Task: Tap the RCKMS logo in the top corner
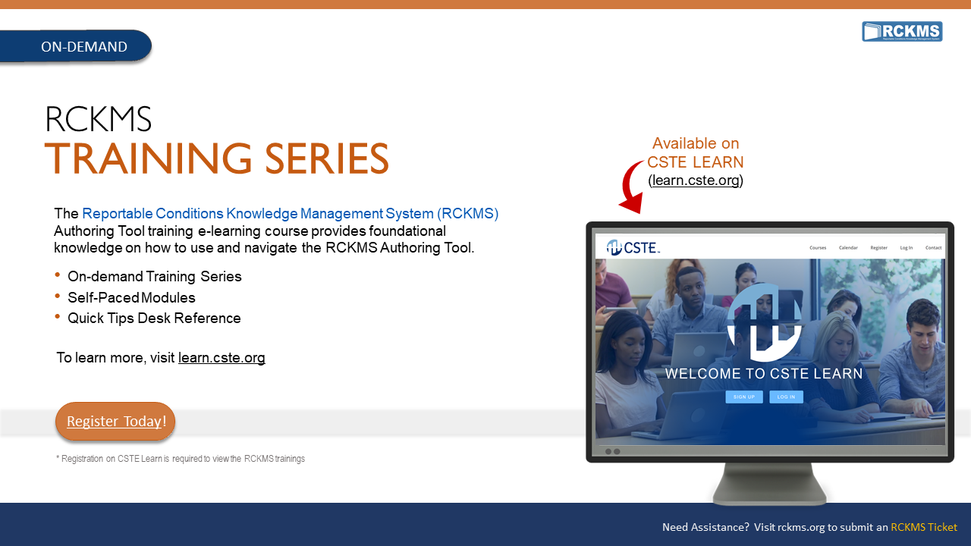coord(902,32)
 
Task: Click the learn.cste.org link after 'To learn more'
coord(222,358)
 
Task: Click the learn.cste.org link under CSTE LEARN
coord(696,180)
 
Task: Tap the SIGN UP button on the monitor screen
coord(744,397)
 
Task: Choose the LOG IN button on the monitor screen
coord(786,397)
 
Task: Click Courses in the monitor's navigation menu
coord(818,248)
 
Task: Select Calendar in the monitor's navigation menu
coord(848,248)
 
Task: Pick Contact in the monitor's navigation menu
coord(933,248)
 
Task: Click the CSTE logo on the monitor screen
coord(633,247)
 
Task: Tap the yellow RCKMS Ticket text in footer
coord(923,527)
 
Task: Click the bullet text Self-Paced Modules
coord(131,298)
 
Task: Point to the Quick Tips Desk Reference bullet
coord(154,318)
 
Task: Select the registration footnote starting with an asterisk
coord(181,459)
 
